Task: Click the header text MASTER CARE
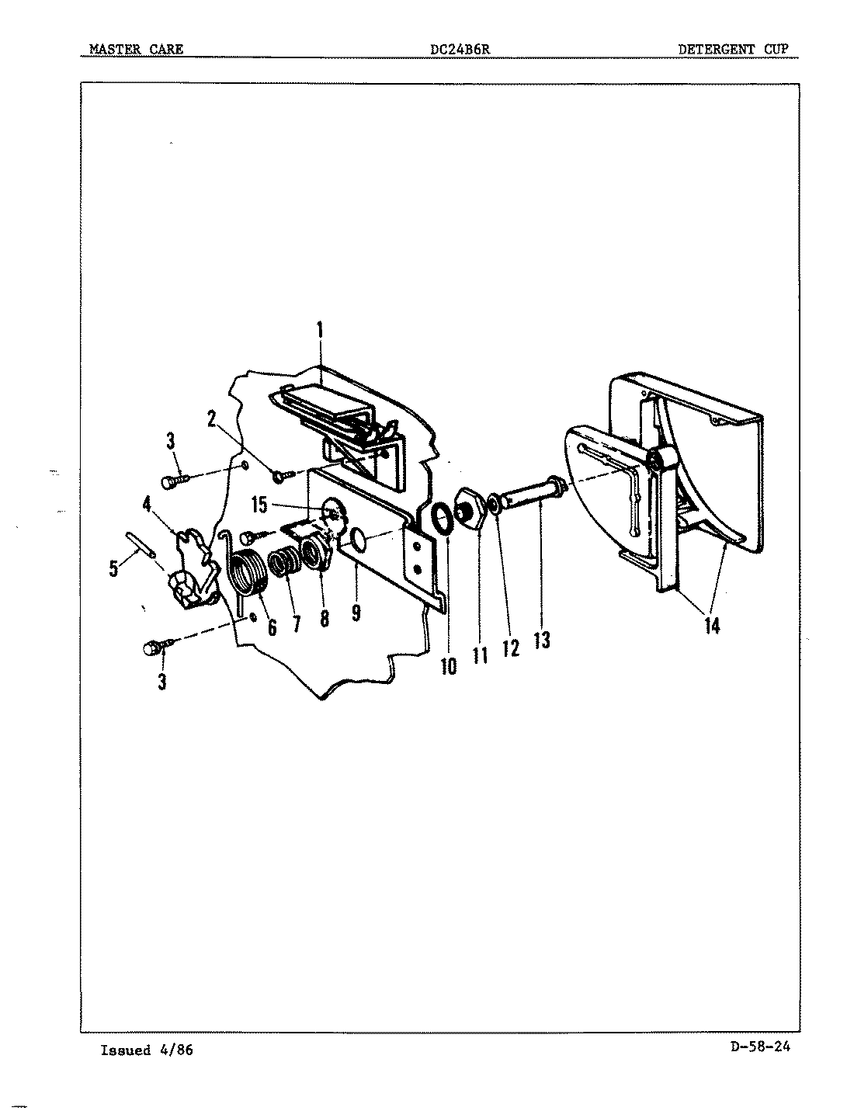pos(137,49)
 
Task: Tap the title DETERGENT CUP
pos(733,49)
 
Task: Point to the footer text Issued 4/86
pos(147,1050)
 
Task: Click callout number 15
pos(259,505)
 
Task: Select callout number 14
pos(712,625)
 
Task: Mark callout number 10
pos(449,665)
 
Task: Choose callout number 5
pos(114,568)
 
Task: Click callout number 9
pos(356,613)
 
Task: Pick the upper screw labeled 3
pos(175,481)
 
